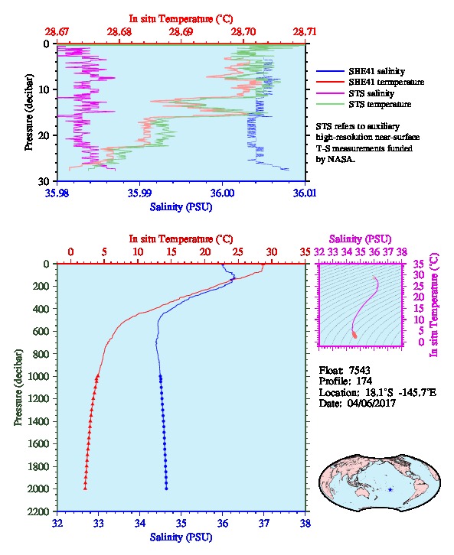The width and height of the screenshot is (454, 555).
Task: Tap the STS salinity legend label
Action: point(371,93)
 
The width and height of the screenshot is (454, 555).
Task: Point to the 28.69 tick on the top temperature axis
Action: point(181,32)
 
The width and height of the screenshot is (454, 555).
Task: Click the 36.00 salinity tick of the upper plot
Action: point(222,193)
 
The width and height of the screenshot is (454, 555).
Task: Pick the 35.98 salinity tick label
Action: point(57,193)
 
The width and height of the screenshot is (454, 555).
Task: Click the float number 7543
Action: point(359,370)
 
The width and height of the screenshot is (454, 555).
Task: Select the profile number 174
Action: point(364,381)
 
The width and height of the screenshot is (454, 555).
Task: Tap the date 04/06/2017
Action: point(371,403)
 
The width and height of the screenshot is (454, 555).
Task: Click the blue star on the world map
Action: point(390,490)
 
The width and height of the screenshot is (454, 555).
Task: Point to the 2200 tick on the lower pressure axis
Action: point(41,511)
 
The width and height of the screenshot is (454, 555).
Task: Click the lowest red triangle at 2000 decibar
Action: point(85,488)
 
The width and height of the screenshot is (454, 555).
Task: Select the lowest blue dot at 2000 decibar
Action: point(166,488)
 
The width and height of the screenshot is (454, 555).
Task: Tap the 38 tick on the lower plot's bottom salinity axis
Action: point(305,523)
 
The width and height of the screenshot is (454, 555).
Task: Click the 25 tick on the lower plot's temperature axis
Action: point(238,252)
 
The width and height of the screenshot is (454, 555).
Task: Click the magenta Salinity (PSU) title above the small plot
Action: point(360,239)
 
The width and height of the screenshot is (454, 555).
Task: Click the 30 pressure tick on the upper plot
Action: point(44,181)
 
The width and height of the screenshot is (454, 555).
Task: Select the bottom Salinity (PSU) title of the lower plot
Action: point(181,537)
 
